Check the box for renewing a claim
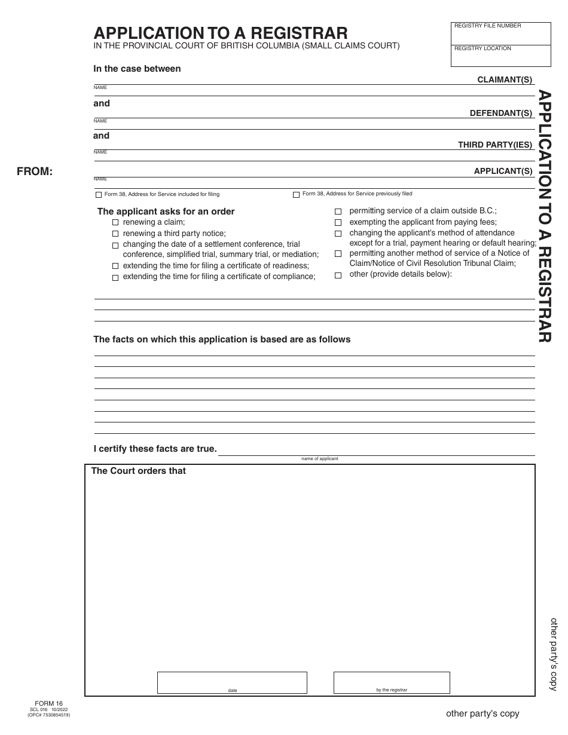click(116, 222)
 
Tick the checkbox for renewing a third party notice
click(116, 234)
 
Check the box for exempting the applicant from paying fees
click(338, 222)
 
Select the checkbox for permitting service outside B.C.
click(338, 212)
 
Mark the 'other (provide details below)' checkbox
click(338, 275)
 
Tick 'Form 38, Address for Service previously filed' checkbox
click(296, 194)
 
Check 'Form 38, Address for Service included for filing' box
click(99, 195)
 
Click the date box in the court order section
click(232, 682)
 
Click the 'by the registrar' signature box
click(392, 682)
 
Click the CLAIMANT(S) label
click(505, 79)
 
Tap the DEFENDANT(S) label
click(501, 113)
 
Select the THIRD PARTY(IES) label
click(495, 145)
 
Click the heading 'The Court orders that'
click(138, 471)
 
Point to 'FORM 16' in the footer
click(48, 703)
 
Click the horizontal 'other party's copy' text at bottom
click(483, 713)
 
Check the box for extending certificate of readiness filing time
click(116, 266)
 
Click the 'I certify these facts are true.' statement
click(155, 448)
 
